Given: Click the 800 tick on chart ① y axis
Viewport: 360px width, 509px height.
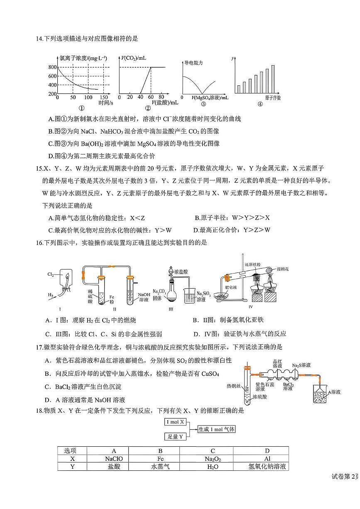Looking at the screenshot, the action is (52, 67).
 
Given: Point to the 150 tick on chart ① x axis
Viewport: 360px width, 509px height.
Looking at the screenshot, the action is (104, 97).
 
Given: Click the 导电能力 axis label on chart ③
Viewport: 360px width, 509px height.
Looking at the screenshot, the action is (193, 63).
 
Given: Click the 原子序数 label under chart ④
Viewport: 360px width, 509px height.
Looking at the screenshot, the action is (273, 98).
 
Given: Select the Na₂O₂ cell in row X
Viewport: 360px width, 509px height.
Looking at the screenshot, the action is (213, 459).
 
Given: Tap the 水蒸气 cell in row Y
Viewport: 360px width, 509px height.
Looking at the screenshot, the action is (160, 467).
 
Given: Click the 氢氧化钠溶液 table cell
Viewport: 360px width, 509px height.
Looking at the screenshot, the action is (267, 467).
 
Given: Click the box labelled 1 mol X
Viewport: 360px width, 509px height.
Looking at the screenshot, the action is (175, 422).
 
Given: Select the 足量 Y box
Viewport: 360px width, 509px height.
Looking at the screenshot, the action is (175, 436).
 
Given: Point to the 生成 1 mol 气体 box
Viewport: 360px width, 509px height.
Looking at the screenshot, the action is (216, 429).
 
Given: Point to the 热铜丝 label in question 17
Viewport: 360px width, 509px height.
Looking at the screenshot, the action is (234, 386).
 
